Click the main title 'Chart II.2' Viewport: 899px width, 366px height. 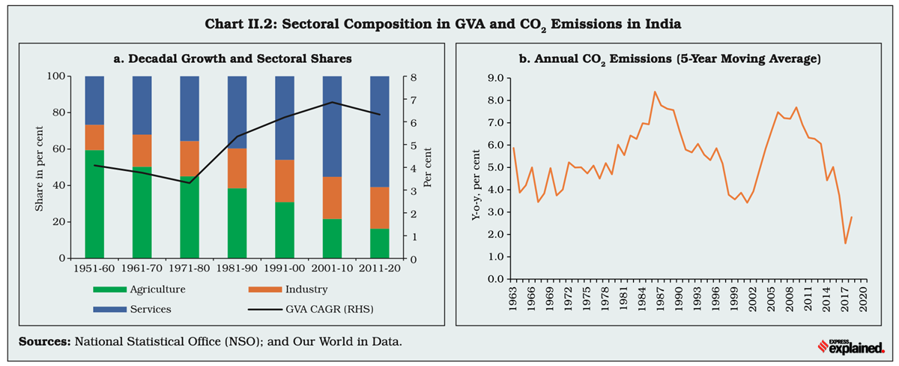coord(443,24)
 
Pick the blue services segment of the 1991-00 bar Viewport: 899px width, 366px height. coord(285,118)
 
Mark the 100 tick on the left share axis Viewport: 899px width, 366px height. coord(61,76)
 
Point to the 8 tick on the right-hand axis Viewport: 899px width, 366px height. coord(413,76)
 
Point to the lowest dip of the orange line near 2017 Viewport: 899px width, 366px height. coord(845,243)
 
